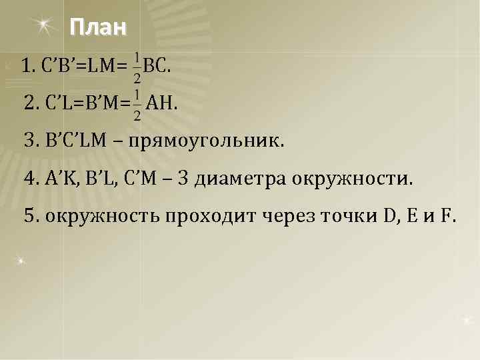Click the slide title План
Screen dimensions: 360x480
tap(97, 29)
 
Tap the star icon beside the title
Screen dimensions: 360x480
tap(44, 26)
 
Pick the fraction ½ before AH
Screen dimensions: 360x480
tap(137, 105)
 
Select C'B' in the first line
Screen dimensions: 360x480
tap(59, 67)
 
